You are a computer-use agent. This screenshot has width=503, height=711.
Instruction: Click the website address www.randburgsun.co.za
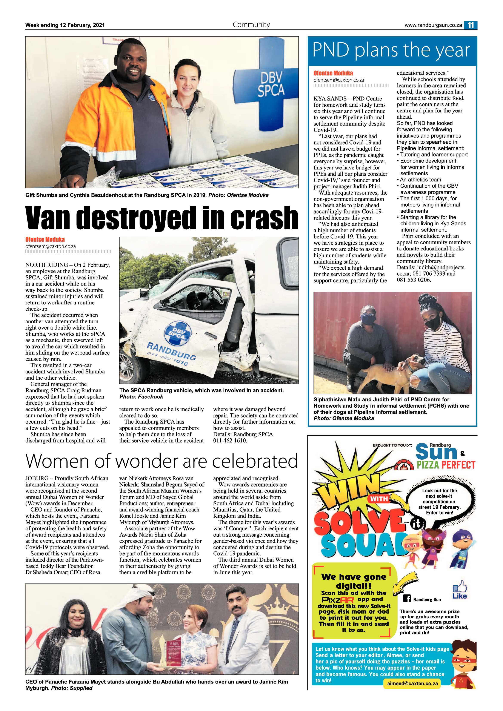[433, 25]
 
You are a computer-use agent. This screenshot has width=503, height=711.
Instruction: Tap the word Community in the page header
[251, 25]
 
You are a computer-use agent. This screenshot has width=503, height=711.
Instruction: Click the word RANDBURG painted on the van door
[171, 351]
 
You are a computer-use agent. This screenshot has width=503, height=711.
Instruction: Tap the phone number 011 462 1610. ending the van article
[230, 440]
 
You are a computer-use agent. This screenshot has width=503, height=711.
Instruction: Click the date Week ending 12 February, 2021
[65, 25]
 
